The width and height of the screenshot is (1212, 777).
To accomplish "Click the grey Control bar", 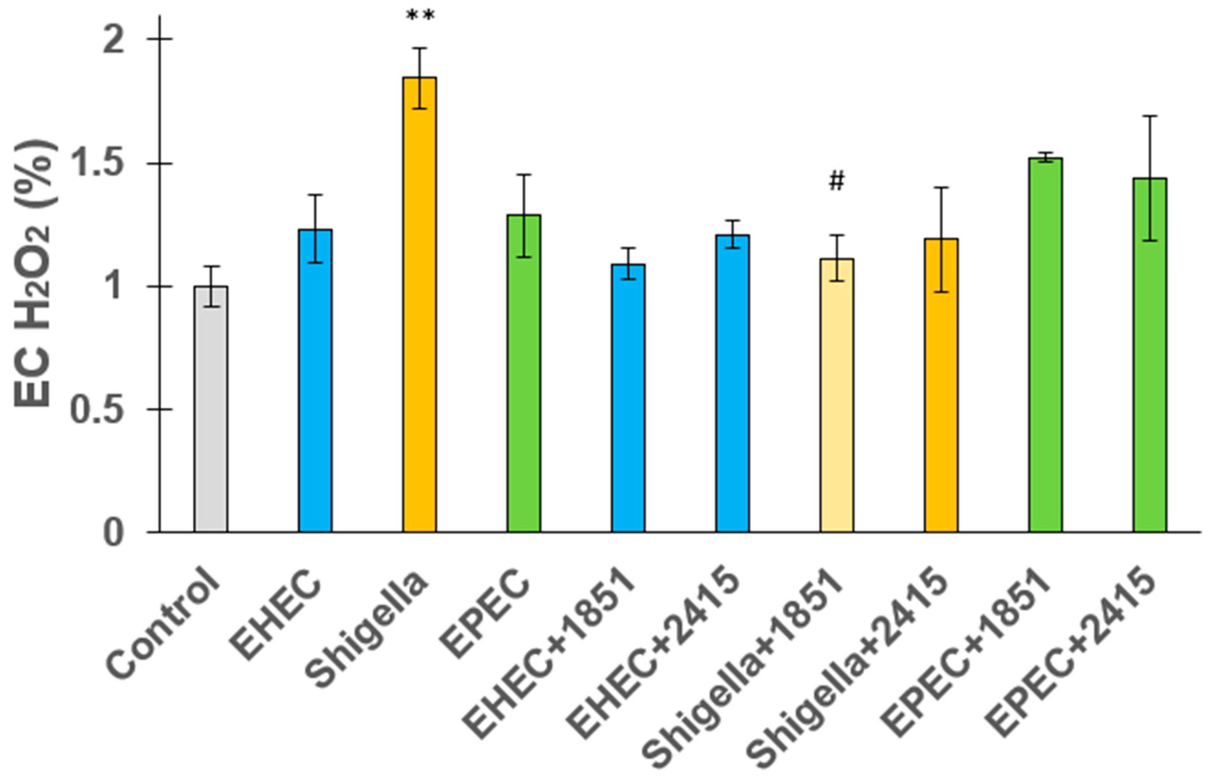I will click(211, 409).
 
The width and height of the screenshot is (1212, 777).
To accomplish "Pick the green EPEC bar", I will click(524, 373).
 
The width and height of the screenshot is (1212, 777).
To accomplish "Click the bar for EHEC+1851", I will click(629, 398).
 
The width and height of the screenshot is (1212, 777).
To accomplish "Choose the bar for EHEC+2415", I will click(732, 383).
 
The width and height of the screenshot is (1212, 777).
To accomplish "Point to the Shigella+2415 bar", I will click(941, 386).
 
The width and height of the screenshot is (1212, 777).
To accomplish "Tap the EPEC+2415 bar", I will click(1150, 355).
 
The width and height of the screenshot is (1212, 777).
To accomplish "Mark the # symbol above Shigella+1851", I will click(837, 181).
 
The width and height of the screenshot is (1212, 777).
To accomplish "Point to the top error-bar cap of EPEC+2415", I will click(1150, 116).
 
